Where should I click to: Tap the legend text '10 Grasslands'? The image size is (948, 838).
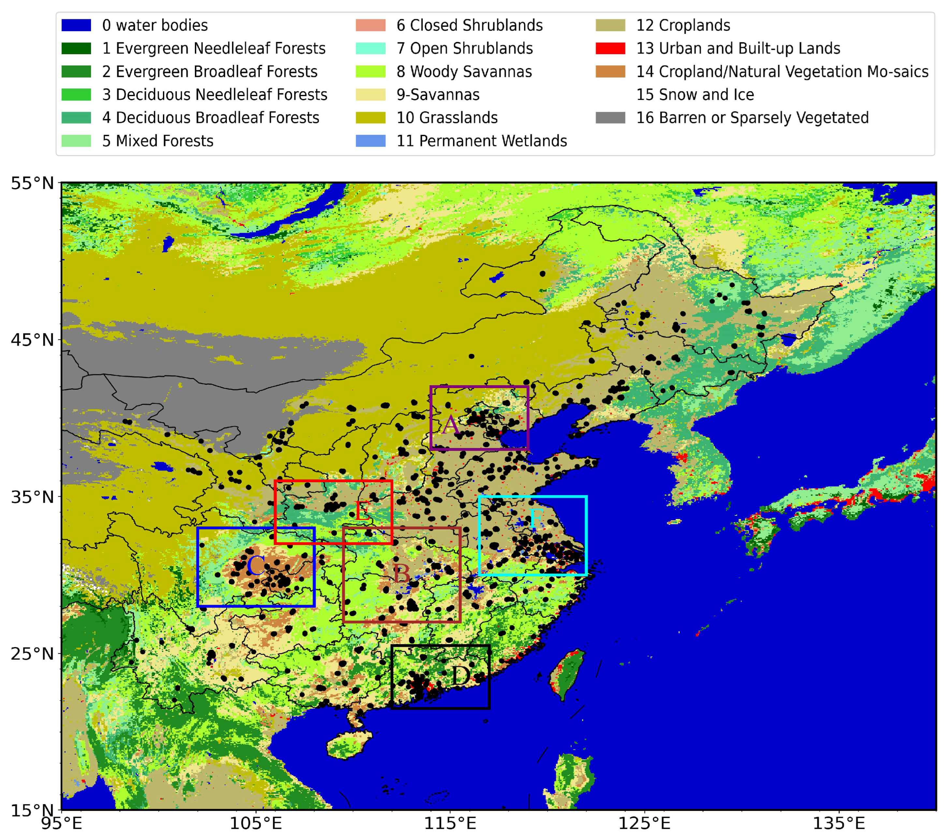coord(447,118)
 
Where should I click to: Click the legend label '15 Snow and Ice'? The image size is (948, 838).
coord(695,94)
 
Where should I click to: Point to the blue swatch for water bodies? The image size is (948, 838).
coord(76,25)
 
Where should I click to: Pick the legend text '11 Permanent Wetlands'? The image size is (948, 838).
coord(481,141)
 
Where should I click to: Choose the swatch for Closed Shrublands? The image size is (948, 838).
coord(370,25)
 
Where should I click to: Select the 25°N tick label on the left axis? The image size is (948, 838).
coord(33,654)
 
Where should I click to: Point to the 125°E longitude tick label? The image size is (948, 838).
coord(644,823)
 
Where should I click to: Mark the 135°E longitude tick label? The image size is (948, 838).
coord(839,823)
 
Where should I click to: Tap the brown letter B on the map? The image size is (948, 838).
coord(401,574)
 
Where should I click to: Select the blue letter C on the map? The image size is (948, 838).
coord(255,566)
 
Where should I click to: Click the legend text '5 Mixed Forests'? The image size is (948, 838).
coord(158,141)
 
